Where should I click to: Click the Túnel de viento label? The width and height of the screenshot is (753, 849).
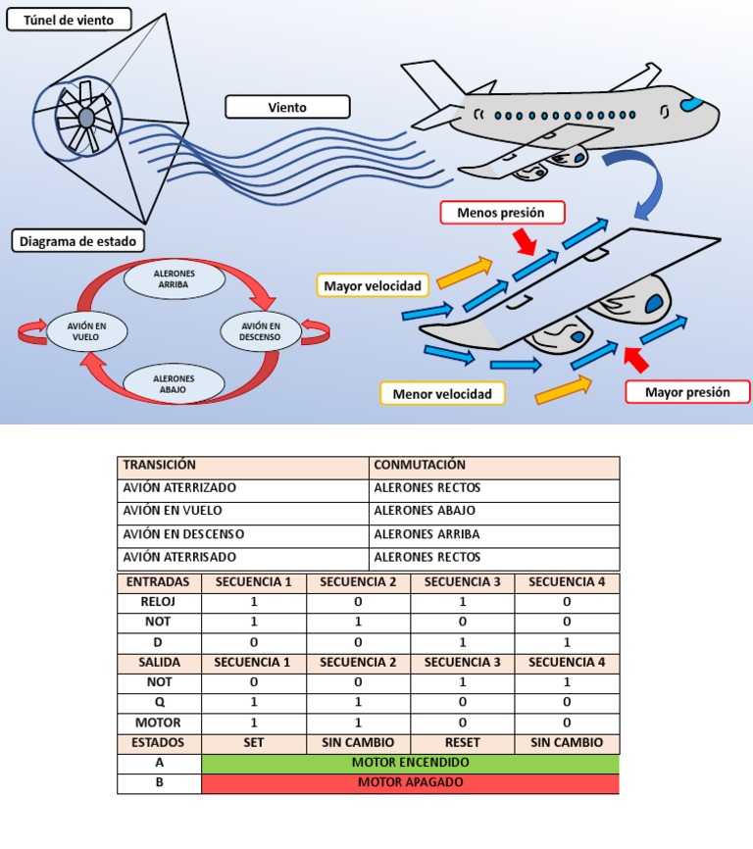pyautogui.click(x=69, y=19)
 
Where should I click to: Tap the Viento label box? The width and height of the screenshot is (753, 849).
pyautogui.click(x=287, y=107)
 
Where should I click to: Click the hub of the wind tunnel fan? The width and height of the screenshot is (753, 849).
pyautogui.click(x=86, y=118)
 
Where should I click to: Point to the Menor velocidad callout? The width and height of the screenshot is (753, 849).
pyautogui.click(x=442, y=394)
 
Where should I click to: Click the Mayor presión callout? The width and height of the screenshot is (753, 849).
pyautogui.click(x=687, y=392)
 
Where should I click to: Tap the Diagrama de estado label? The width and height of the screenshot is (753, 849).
pyautogui.click(x=78, y=240)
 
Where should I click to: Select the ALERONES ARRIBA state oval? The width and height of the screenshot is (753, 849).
pyautogui.click(x=175, y=277)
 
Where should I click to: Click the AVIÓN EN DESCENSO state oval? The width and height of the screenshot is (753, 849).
pyautogui.click(x=260, y=331)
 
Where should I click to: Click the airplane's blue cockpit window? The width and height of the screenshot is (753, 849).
pyautogui.click(x=693, y=103)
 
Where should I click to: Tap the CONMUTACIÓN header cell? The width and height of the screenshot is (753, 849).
pyautogui.click(x=495, y=467)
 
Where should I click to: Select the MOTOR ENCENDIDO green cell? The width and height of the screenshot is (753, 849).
pyautogui.click(x=410, y=763)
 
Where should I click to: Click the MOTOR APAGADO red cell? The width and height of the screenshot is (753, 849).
pyautogui.click(x=410, y=783)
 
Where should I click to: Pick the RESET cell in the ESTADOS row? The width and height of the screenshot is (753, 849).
pyautogui.click(x=462, y=742)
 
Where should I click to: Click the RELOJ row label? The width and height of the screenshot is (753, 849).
pyautogui.click(x=159, y=602)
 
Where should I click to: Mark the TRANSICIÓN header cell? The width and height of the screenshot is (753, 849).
pyautogui.click(x=243, y=467)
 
